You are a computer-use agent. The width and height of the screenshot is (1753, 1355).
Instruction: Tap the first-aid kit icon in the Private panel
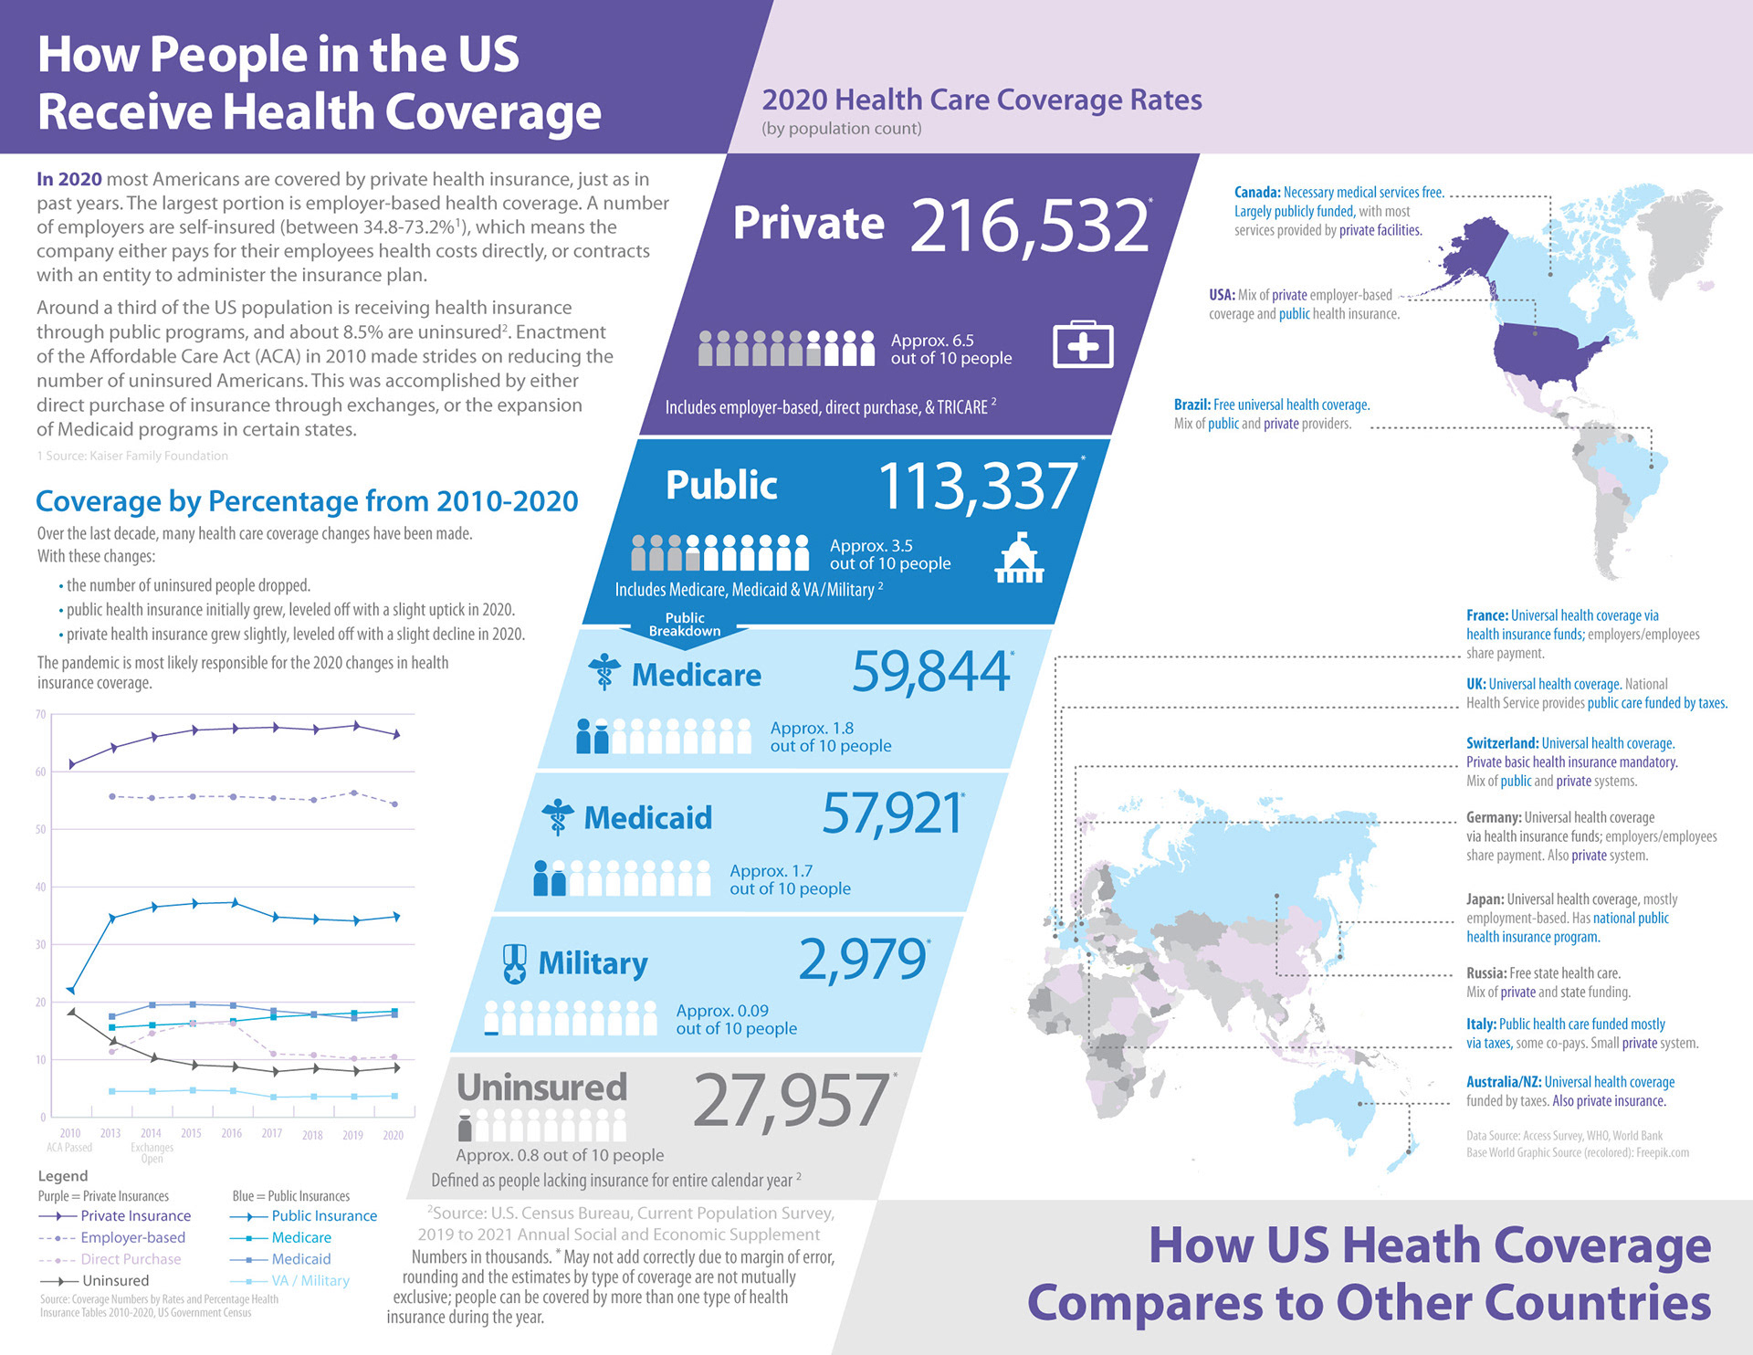[1083, 345]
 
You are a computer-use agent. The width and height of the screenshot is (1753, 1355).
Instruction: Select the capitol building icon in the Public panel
[1019, 559]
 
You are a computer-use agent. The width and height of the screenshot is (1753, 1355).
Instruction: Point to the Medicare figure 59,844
[931, 672]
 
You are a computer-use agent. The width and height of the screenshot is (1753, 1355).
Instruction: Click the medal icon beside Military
[515, 963]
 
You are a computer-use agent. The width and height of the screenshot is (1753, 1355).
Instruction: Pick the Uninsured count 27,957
[791, 1100]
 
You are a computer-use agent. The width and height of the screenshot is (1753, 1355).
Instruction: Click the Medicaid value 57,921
[892, 814]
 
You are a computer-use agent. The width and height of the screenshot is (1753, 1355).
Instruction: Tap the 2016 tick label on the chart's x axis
[231, 1133]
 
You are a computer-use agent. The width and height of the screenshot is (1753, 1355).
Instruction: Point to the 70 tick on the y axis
[41, 714]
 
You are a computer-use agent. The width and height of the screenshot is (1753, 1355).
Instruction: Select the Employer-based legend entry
[132, 1237]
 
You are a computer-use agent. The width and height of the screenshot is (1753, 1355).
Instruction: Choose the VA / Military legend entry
[310, 1280]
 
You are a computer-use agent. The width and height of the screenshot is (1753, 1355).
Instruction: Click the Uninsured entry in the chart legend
[115, 1280]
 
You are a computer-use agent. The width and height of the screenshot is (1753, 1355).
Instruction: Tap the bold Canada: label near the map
[1256, 193]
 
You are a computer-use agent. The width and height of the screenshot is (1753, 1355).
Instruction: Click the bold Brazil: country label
[1191, 404]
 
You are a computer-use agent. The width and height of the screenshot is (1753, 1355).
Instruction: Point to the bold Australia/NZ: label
[1503, 1082]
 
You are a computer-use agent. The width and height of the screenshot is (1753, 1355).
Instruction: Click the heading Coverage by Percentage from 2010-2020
[307, 501]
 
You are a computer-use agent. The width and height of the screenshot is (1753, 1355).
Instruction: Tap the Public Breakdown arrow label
[685, 625]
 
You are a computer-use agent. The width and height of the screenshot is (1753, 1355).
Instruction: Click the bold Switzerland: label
[1502, 743]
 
